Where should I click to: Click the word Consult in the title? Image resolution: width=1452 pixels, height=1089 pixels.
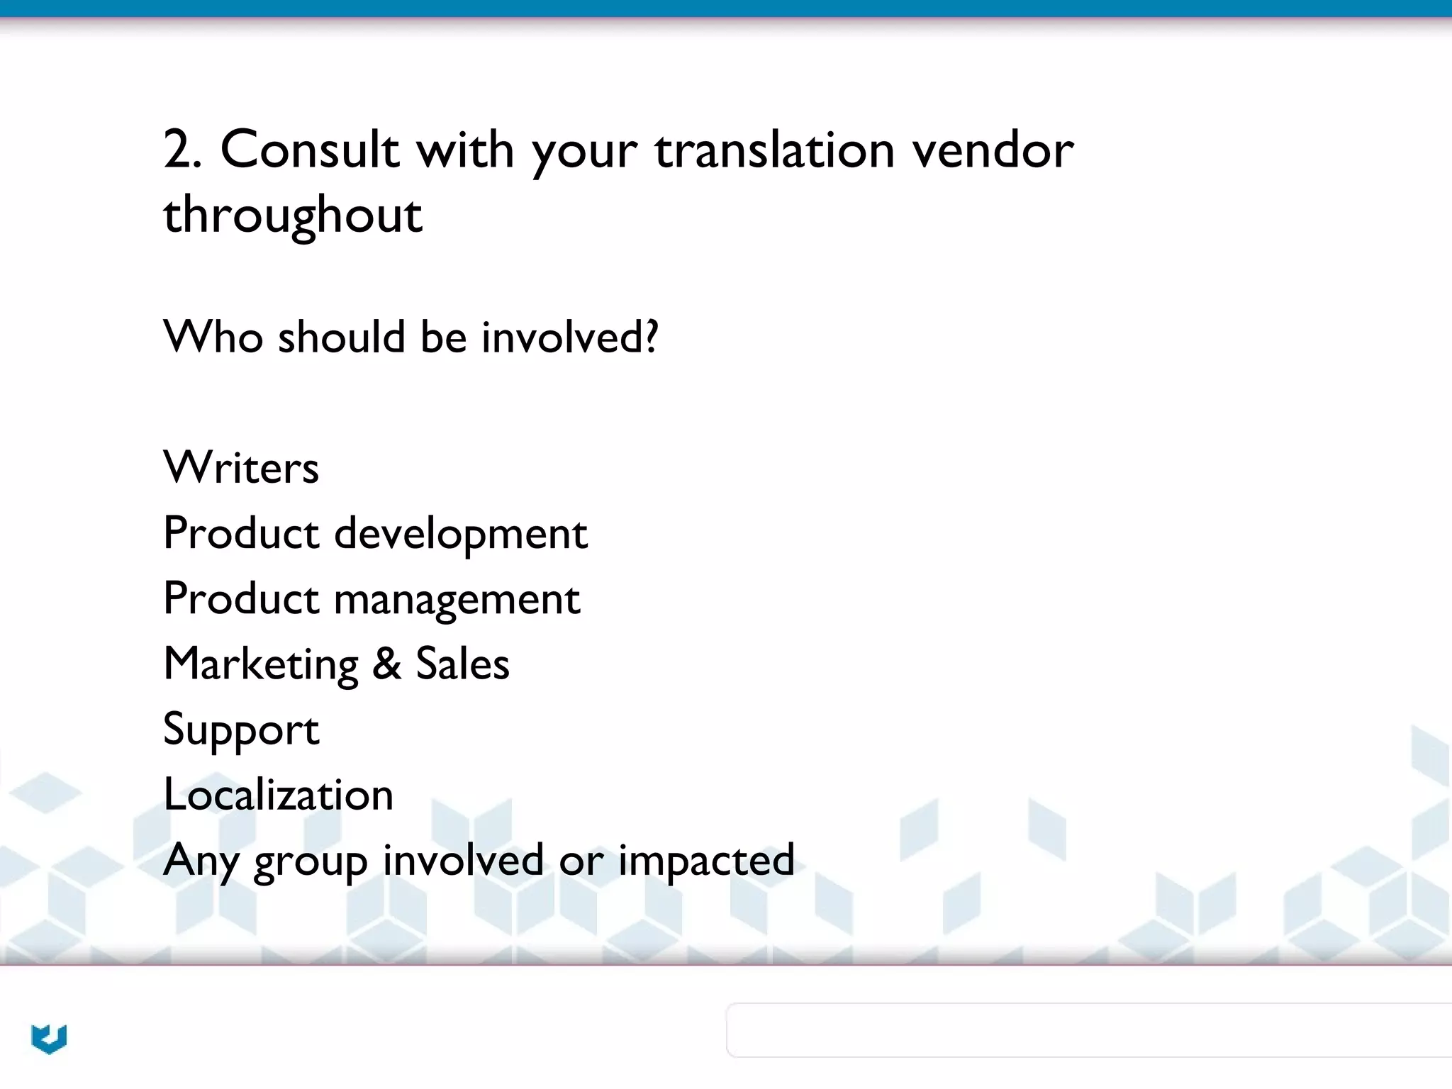click(309, 150)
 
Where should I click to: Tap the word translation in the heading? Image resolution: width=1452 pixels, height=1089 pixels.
click(774, 150)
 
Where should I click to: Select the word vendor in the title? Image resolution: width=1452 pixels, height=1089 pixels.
click(993, 150)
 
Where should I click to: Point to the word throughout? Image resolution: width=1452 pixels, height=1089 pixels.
click(293, 216)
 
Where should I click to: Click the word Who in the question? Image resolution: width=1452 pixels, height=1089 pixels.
click(213, 337)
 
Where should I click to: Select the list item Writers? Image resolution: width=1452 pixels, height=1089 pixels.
click(241, 468)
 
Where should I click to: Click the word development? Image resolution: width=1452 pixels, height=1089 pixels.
click(461, 534)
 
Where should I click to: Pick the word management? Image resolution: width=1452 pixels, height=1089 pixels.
click(457, 600)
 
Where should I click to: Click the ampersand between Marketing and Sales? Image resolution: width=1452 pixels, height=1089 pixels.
click(387, 664)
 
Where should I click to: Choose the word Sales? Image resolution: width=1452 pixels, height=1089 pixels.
click(462, 664)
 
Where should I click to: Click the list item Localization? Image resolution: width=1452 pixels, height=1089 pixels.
click(278, 795)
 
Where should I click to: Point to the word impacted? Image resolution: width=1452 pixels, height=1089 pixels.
click(706, 861)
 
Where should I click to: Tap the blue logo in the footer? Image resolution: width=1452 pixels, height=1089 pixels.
click(49, 1039)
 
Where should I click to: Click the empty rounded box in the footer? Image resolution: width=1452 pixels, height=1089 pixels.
click(1089, 1030)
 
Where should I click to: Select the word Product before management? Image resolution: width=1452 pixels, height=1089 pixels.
click(241, 599)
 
